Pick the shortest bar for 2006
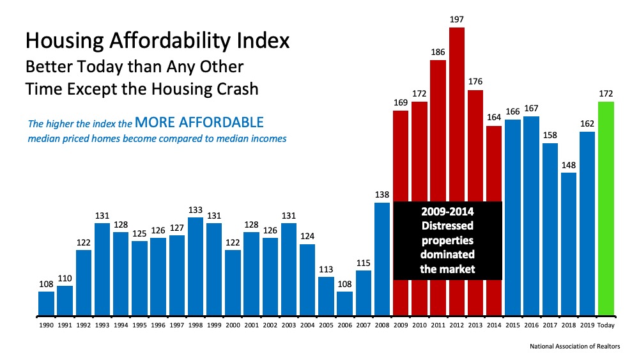coord(345,303)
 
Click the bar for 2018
coord(568,244)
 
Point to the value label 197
coord(456,20)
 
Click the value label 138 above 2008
coord(381,195)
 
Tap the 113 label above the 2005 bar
coord(326,269)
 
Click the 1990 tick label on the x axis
coord(46,326)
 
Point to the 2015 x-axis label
coord(512,326)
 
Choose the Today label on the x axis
coord(606,326)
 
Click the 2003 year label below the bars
coord(289,326)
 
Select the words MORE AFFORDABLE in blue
coord(199,121)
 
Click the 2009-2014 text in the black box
coord(447,212)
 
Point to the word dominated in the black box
coord(447,254)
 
